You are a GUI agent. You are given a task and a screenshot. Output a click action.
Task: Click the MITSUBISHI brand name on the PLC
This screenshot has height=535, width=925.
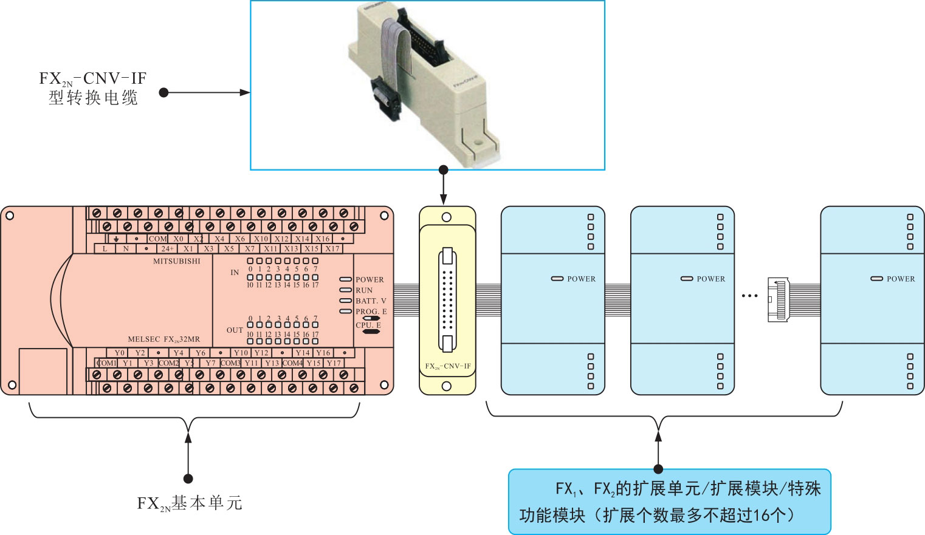point(176,261)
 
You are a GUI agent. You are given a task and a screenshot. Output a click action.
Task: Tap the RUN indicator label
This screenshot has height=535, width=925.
point(364,290)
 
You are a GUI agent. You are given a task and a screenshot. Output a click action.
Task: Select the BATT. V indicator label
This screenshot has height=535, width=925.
point(371,301)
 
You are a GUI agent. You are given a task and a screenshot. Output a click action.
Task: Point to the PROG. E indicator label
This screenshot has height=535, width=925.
point(371,312)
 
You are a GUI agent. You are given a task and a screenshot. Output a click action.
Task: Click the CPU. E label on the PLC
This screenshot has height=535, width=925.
point(368,325)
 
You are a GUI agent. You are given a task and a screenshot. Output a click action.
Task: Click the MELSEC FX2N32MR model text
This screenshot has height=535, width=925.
point(163,339)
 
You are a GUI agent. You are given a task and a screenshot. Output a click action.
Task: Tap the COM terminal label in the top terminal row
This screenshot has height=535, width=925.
point(157,239)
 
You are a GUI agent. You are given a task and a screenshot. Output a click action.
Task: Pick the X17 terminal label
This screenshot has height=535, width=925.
point(332,249)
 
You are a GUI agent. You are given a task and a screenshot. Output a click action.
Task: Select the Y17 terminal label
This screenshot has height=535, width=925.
point(334,363)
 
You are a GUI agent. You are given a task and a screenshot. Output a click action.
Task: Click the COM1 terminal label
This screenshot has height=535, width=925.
point(106,363)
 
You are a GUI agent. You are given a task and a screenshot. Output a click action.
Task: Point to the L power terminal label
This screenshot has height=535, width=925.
point(105,249)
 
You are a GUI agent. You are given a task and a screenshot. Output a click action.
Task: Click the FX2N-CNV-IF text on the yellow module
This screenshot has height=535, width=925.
point(448,366)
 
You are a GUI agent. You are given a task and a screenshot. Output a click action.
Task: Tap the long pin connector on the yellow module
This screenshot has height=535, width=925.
point(447,300)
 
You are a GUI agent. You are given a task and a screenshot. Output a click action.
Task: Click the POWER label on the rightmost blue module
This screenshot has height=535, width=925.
point(900,279)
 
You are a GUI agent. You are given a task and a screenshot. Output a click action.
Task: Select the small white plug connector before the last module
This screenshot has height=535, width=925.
point(778,299)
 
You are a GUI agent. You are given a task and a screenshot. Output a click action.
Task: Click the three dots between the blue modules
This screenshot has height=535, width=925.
point(749,296)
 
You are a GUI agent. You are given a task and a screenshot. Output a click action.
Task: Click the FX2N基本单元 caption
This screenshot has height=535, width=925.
point(189,503)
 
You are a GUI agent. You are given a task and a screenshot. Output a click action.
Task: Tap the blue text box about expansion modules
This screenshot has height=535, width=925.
point(669,502)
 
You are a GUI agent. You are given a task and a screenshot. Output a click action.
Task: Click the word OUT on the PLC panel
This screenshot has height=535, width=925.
point(235,330)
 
